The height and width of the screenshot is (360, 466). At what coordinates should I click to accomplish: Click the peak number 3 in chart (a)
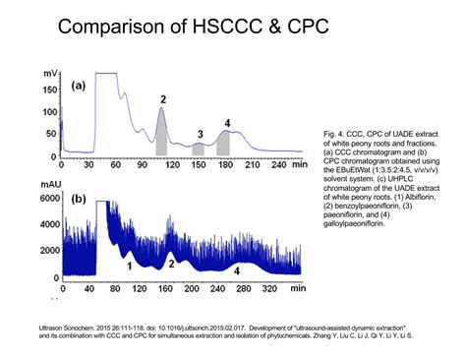[200, 135]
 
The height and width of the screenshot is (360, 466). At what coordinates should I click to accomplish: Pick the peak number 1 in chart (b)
[129, 265]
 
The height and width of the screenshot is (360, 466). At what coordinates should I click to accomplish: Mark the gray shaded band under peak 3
[199, 149]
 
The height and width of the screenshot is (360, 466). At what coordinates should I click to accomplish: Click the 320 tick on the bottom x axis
[271, 288]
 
